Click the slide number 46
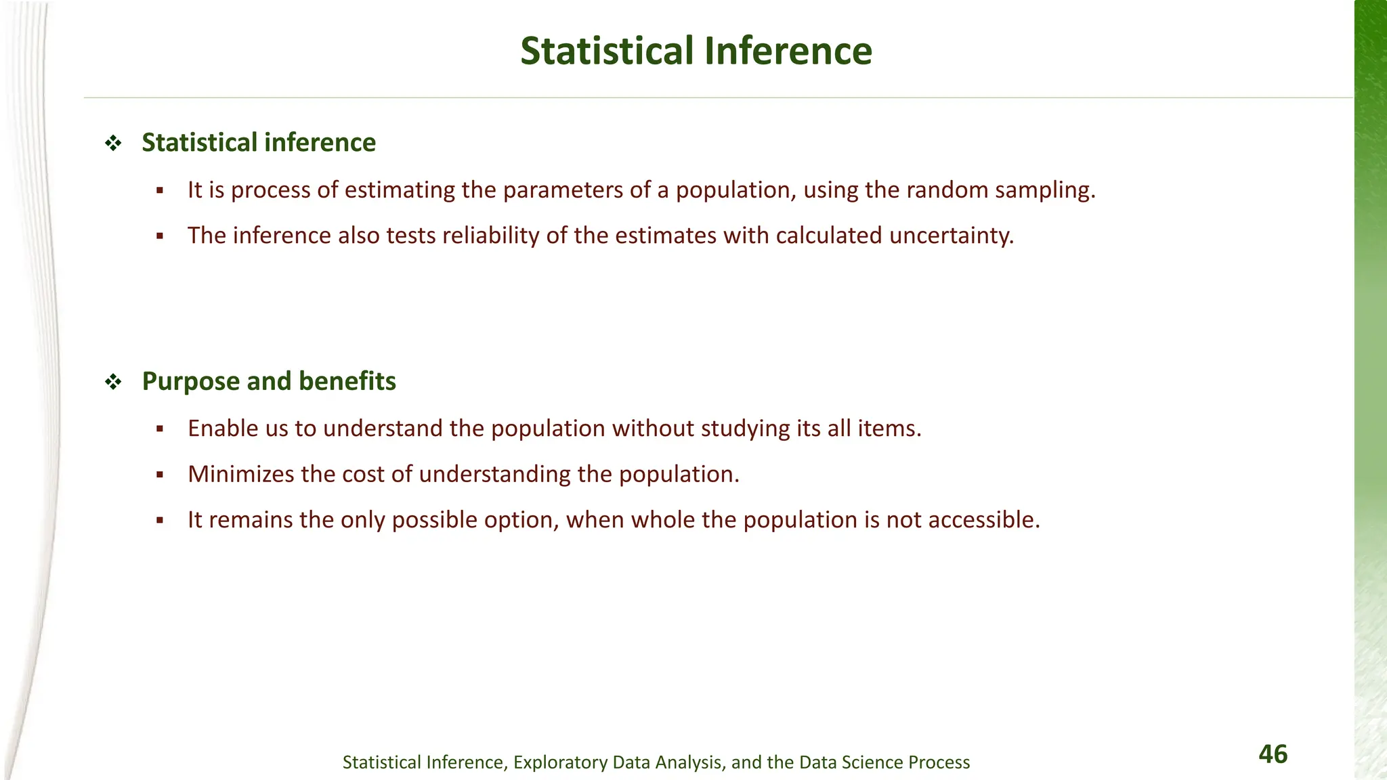(1273, 754)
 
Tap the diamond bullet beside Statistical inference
(112, 144)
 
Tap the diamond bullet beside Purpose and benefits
(112, 383)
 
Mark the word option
(521, 520)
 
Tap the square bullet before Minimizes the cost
(160, 475)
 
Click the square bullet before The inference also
(160, 237)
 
